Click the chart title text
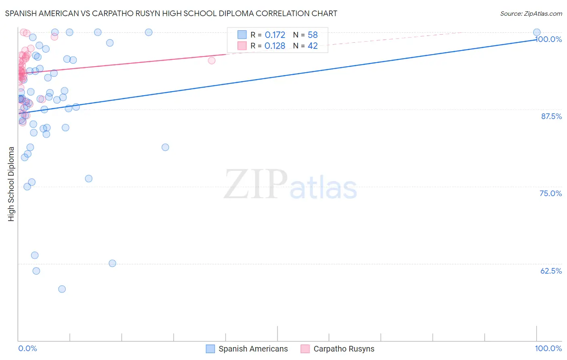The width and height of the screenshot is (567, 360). click(171, 13)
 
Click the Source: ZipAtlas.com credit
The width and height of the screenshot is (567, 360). click(531, 13)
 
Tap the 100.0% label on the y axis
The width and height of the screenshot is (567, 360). click(549, 39)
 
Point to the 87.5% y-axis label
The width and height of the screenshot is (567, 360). click(551, 116)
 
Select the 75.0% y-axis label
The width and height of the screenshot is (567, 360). click(550, 193)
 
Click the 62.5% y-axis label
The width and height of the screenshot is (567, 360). click(551, 271)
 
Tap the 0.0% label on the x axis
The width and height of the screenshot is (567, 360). click(28, 348)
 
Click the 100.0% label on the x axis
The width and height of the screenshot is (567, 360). click(548, 348)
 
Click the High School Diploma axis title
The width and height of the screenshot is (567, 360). click(11, 184)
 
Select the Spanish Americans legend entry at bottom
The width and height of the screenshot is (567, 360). click(253, 349)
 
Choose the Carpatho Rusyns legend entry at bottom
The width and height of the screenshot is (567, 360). click(344, 349)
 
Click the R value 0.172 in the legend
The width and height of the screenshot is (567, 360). click(275, 35)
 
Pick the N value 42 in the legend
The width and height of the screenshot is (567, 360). click(313, 46)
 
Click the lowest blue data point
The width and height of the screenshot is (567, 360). click(62, 289)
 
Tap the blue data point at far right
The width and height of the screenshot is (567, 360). click(537, 32)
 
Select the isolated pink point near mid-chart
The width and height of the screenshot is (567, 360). click(212, 61)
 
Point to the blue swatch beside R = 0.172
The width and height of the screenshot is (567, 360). click(242, 35)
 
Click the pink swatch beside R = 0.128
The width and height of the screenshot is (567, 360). click(242, 46)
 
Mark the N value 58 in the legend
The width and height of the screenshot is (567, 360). click(313, 35)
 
